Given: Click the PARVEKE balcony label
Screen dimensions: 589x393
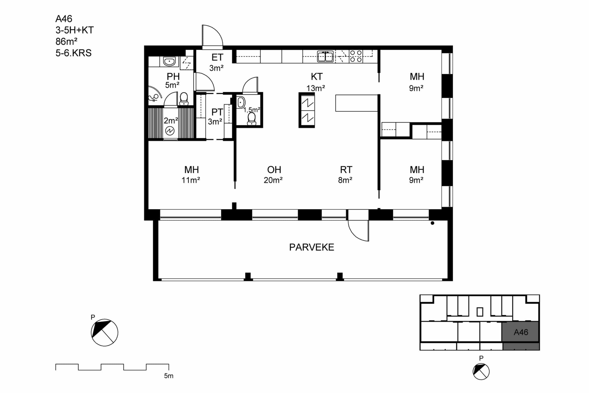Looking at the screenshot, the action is [312, 247].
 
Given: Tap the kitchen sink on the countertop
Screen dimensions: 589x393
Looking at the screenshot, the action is [325, 56].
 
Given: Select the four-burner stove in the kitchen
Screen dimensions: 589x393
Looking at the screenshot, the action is [356, 56].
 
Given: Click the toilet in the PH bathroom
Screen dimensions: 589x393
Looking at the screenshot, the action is [184, 99].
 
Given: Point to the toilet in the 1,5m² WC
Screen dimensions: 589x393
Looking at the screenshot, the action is [251, 119].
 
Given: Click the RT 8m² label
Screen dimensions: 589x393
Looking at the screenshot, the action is [346, 175].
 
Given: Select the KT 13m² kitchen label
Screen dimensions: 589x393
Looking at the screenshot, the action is [316, 82].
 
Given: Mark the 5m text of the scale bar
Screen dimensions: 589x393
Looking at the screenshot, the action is [169, 376].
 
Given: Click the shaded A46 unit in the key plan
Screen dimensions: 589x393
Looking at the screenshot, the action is [520, 332].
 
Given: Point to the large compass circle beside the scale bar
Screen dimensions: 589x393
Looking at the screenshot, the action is [104, 333].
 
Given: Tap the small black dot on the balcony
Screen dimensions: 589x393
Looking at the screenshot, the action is [433, 223].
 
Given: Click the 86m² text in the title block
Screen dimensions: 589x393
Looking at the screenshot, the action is [66, 41].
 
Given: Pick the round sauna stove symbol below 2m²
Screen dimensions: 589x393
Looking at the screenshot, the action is [170, 131].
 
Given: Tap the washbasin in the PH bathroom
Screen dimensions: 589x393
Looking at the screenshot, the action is [169, 61].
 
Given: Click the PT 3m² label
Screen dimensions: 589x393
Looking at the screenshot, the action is [215, 117].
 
